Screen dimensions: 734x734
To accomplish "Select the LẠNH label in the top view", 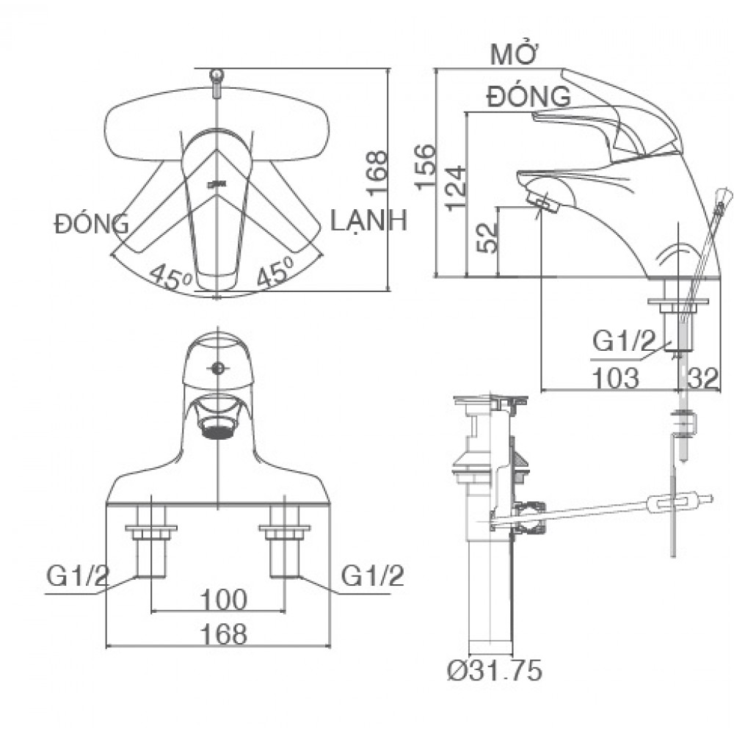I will (x=368, y=220).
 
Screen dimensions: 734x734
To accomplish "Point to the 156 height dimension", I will (x=429, y=167).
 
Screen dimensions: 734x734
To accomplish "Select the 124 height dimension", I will (x=456, y=187).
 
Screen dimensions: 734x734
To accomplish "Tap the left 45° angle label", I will (x=170, y=277).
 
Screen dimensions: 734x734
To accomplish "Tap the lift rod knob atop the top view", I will (x=217, y=76).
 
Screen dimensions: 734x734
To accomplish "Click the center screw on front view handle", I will (x=217, y=368).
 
